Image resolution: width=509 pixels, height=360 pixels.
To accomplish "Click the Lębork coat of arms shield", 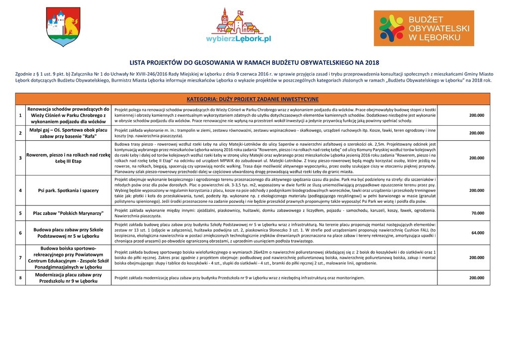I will click(x=63, y=28).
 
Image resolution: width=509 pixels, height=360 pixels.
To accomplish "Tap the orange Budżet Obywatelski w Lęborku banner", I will click(x=424, y=28).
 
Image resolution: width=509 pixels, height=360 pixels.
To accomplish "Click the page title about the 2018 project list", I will click(x=254, y=63).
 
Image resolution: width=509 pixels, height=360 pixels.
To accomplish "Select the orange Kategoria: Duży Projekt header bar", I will click(x=253, y=99).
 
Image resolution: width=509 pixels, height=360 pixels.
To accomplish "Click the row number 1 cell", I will click(x=20, y=115).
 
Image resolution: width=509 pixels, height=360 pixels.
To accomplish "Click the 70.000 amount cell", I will click(x=477, y=213).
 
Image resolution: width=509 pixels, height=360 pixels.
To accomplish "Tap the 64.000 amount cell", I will click(x=477, y=233).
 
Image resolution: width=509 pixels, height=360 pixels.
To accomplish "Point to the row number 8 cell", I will click(x=20, y=278).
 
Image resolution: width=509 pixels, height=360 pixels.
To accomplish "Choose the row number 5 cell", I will click(x=20, y=213).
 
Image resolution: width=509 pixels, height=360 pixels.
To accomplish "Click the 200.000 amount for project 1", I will click(x=477, y=115).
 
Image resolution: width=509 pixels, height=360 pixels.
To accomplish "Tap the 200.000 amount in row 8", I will click(x=477, y=278).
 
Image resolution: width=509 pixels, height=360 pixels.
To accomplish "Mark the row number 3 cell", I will click(x=20, y=158).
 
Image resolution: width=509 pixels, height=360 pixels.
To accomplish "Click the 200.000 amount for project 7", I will click(x=477, y=258).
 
